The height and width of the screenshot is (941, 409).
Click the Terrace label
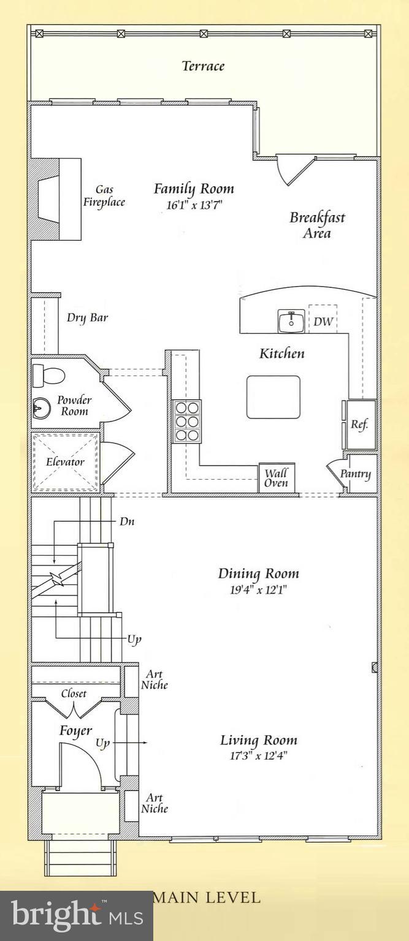pos(203,66)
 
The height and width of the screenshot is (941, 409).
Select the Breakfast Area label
pos(317,225)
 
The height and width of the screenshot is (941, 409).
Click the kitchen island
pos(273,397)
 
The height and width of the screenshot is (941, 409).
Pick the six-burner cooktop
pos(186,420)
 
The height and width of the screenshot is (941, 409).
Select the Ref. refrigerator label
pos(359,425)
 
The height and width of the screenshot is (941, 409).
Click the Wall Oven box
pos(276,478)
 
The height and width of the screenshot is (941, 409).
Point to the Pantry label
pos(356,474)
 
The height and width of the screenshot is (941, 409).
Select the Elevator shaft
pos(65,462)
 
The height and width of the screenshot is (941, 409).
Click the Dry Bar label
pos(87,318)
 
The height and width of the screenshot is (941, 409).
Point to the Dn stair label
pos(126,521)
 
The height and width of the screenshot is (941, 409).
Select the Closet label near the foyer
pos(74,693)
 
